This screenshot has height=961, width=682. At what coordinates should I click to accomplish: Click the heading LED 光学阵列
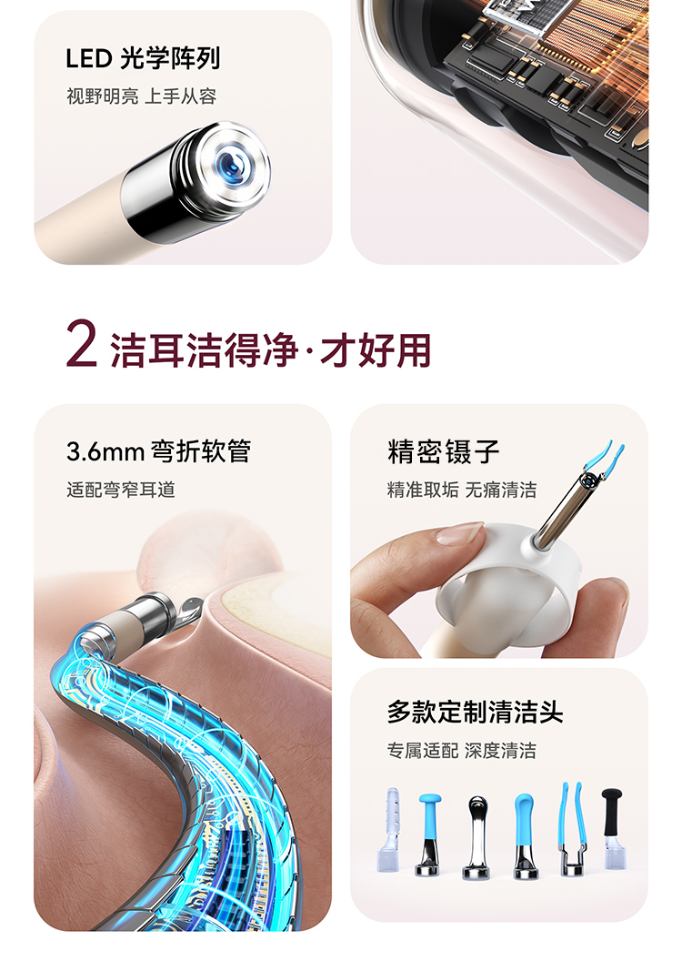pos(143,59)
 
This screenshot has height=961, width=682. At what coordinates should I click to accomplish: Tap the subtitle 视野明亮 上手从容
pos(142,96)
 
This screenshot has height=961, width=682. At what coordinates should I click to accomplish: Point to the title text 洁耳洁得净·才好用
pos(271,350)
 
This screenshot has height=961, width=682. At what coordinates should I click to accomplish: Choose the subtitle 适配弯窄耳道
pos(121,490)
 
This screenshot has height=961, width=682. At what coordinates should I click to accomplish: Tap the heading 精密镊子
pos(443,452)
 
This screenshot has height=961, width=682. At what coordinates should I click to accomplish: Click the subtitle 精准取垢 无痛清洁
pos(462,490)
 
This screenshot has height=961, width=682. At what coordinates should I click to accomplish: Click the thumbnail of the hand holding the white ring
pos(499,531)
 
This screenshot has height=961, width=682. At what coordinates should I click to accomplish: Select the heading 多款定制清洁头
pos(475,713)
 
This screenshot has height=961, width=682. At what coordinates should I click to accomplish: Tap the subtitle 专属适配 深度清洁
pos(462,750)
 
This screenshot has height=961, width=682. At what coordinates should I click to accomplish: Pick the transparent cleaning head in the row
pos(389,829)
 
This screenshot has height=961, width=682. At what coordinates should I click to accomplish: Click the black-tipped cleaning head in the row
pos(614,828)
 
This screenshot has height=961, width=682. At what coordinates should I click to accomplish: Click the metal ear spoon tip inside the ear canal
pos(191,609)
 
